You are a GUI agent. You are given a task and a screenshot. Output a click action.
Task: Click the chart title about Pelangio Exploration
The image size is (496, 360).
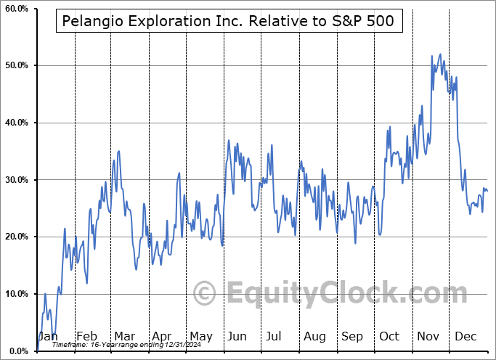tap(227, 21)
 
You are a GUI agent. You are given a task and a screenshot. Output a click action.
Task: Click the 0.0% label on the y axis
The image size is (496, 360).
tap(17, 351)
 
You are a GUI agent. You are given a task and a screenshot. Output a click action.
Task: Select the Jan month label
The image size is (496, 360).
tap(48, 337)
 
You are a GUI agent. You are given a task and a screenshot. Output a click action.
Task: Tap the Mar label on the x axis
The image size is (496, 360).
tap(124, 337)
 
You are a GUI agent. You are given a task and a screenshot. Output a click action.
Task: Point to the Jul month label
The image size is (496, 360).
tap(275, 337)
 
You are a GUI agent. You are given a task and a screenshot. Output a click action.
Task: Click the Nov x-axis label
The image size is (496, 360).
tap(428, 337)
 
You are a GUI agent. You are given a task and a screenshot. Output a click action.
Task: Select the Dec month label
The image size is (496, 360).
tap(465, 337)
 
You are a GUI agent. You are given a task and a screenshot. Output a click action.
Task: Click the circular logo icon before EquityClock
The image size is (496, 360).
tap(206, 293)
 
